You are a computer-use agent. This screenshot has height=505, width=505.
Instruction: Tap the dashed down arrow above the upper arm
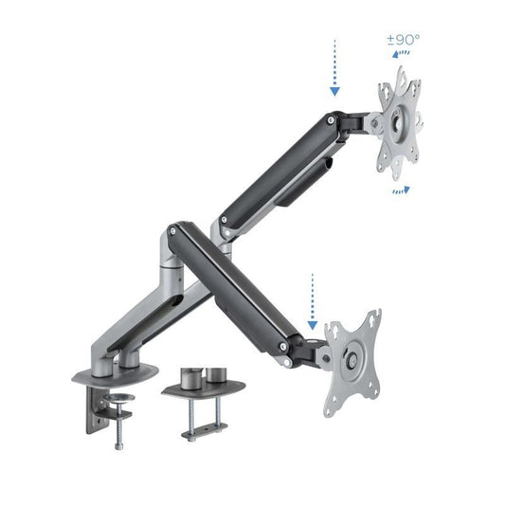334,69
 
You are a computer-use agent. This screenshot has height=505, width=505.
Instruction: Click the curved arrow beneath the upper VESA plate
401,190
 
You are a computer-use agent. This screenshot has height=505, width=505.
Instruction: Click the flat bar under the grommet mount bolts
202,434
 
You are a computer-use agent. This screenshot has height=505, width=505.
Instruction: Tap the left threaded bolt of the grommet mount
189,417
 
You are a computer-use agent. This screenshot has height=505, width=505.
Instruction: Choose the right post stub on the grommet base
217,372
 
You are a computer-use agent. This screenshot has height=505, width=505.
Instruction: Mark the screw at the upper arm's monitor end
328,121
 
